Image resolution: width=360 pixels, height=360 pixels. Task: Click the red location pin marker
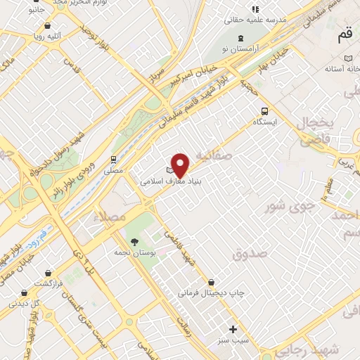(181, 165)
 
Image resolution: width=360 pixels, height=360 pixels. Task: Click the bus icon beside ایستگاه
(264, 111)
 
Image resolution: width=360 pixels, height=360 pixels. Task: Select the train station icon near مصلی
(113, 160)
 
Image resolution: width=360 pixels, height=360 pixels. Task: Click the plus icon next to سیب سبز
(233, 329)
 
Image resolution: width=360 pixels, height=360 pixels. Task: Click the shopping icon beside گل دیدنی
(25, 292)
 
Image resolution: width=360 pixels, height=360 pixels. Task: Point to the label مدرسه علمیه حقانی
(277, 20)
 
